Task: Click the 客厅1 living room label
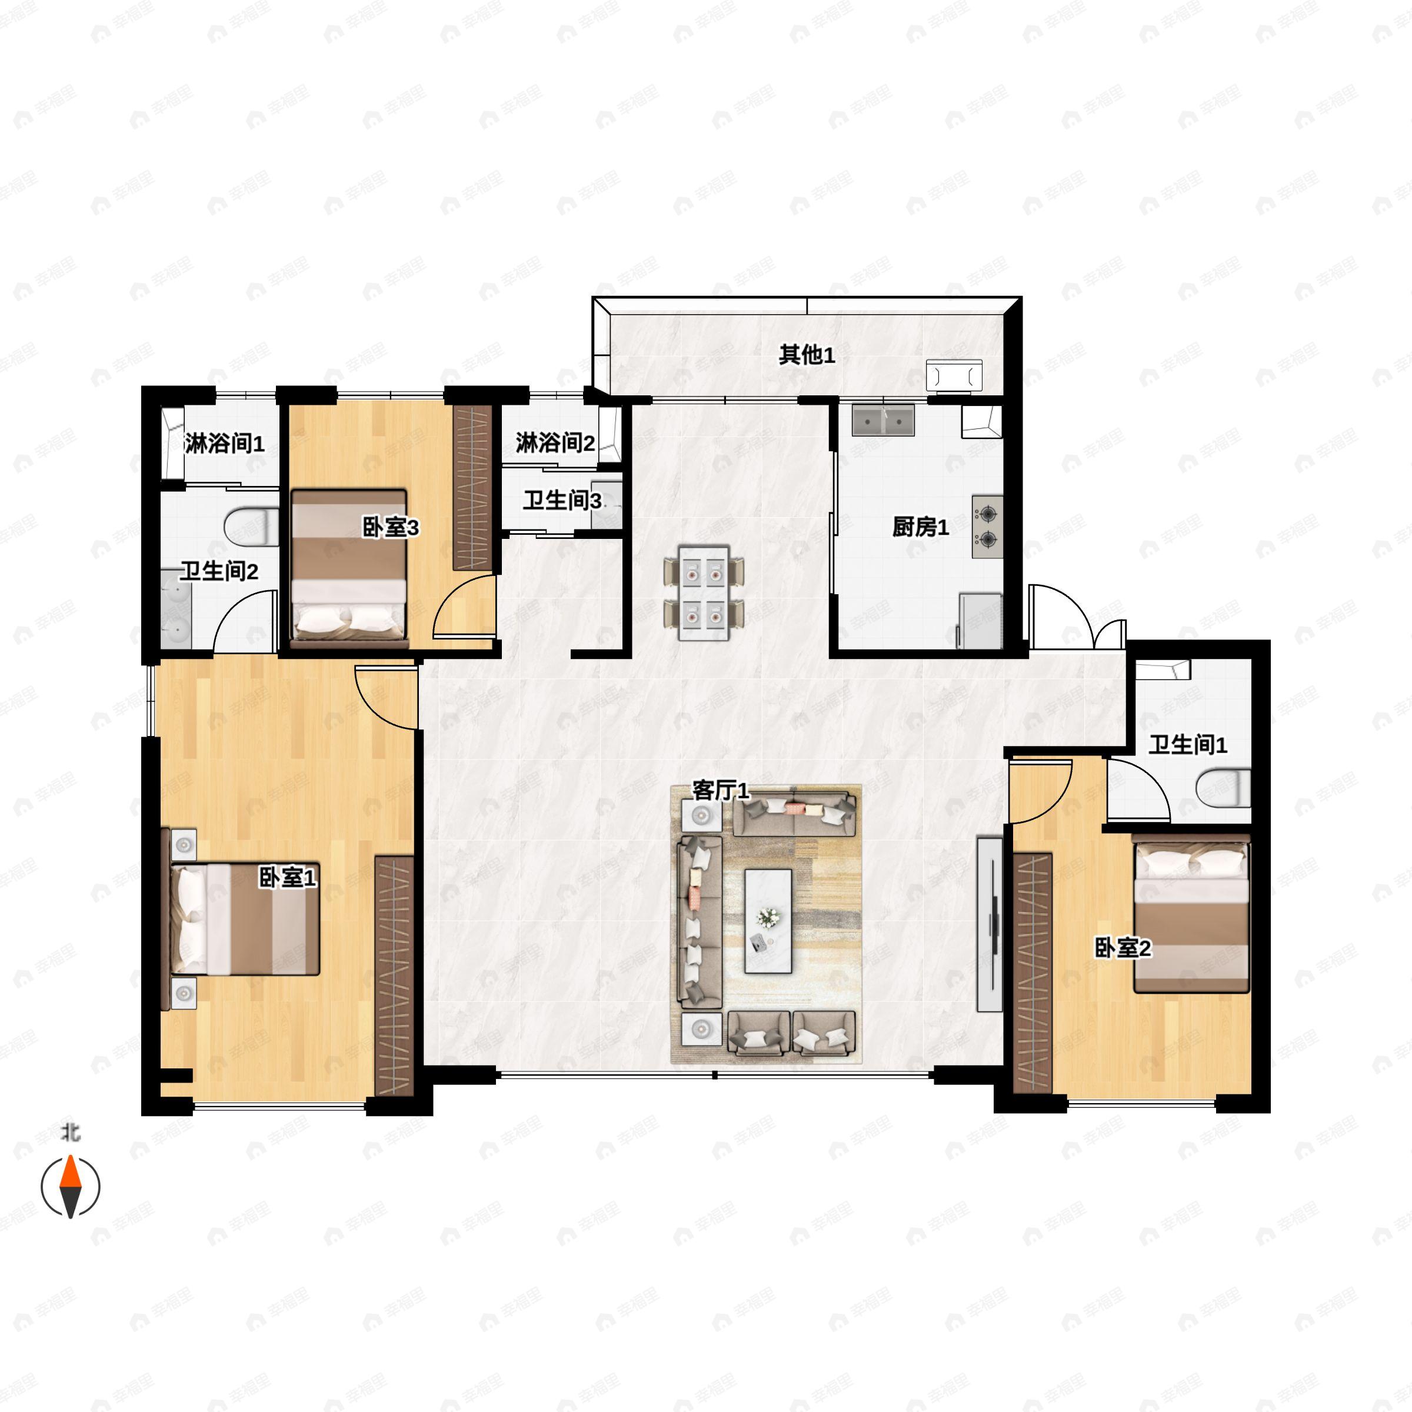(721, 790)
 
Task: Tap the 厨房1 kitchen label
(920, 527)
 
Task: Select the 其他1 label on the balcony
(806, 355)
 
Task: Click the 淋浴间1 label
(224, 443)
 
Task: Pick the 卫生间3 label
(562, 501)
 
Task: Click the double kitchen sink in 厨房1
(884, 420)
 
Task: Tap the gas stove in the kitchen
(987, 527)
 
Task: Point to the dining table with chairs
(704, 592)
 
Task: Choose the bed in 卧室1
(241, 918)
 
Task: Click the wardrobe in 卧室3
(471, 488)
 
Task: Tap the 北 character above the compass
(70, 1133)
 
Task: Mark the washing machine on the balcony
(954, 375)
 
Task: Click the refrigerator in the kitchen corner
(980, 621)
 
